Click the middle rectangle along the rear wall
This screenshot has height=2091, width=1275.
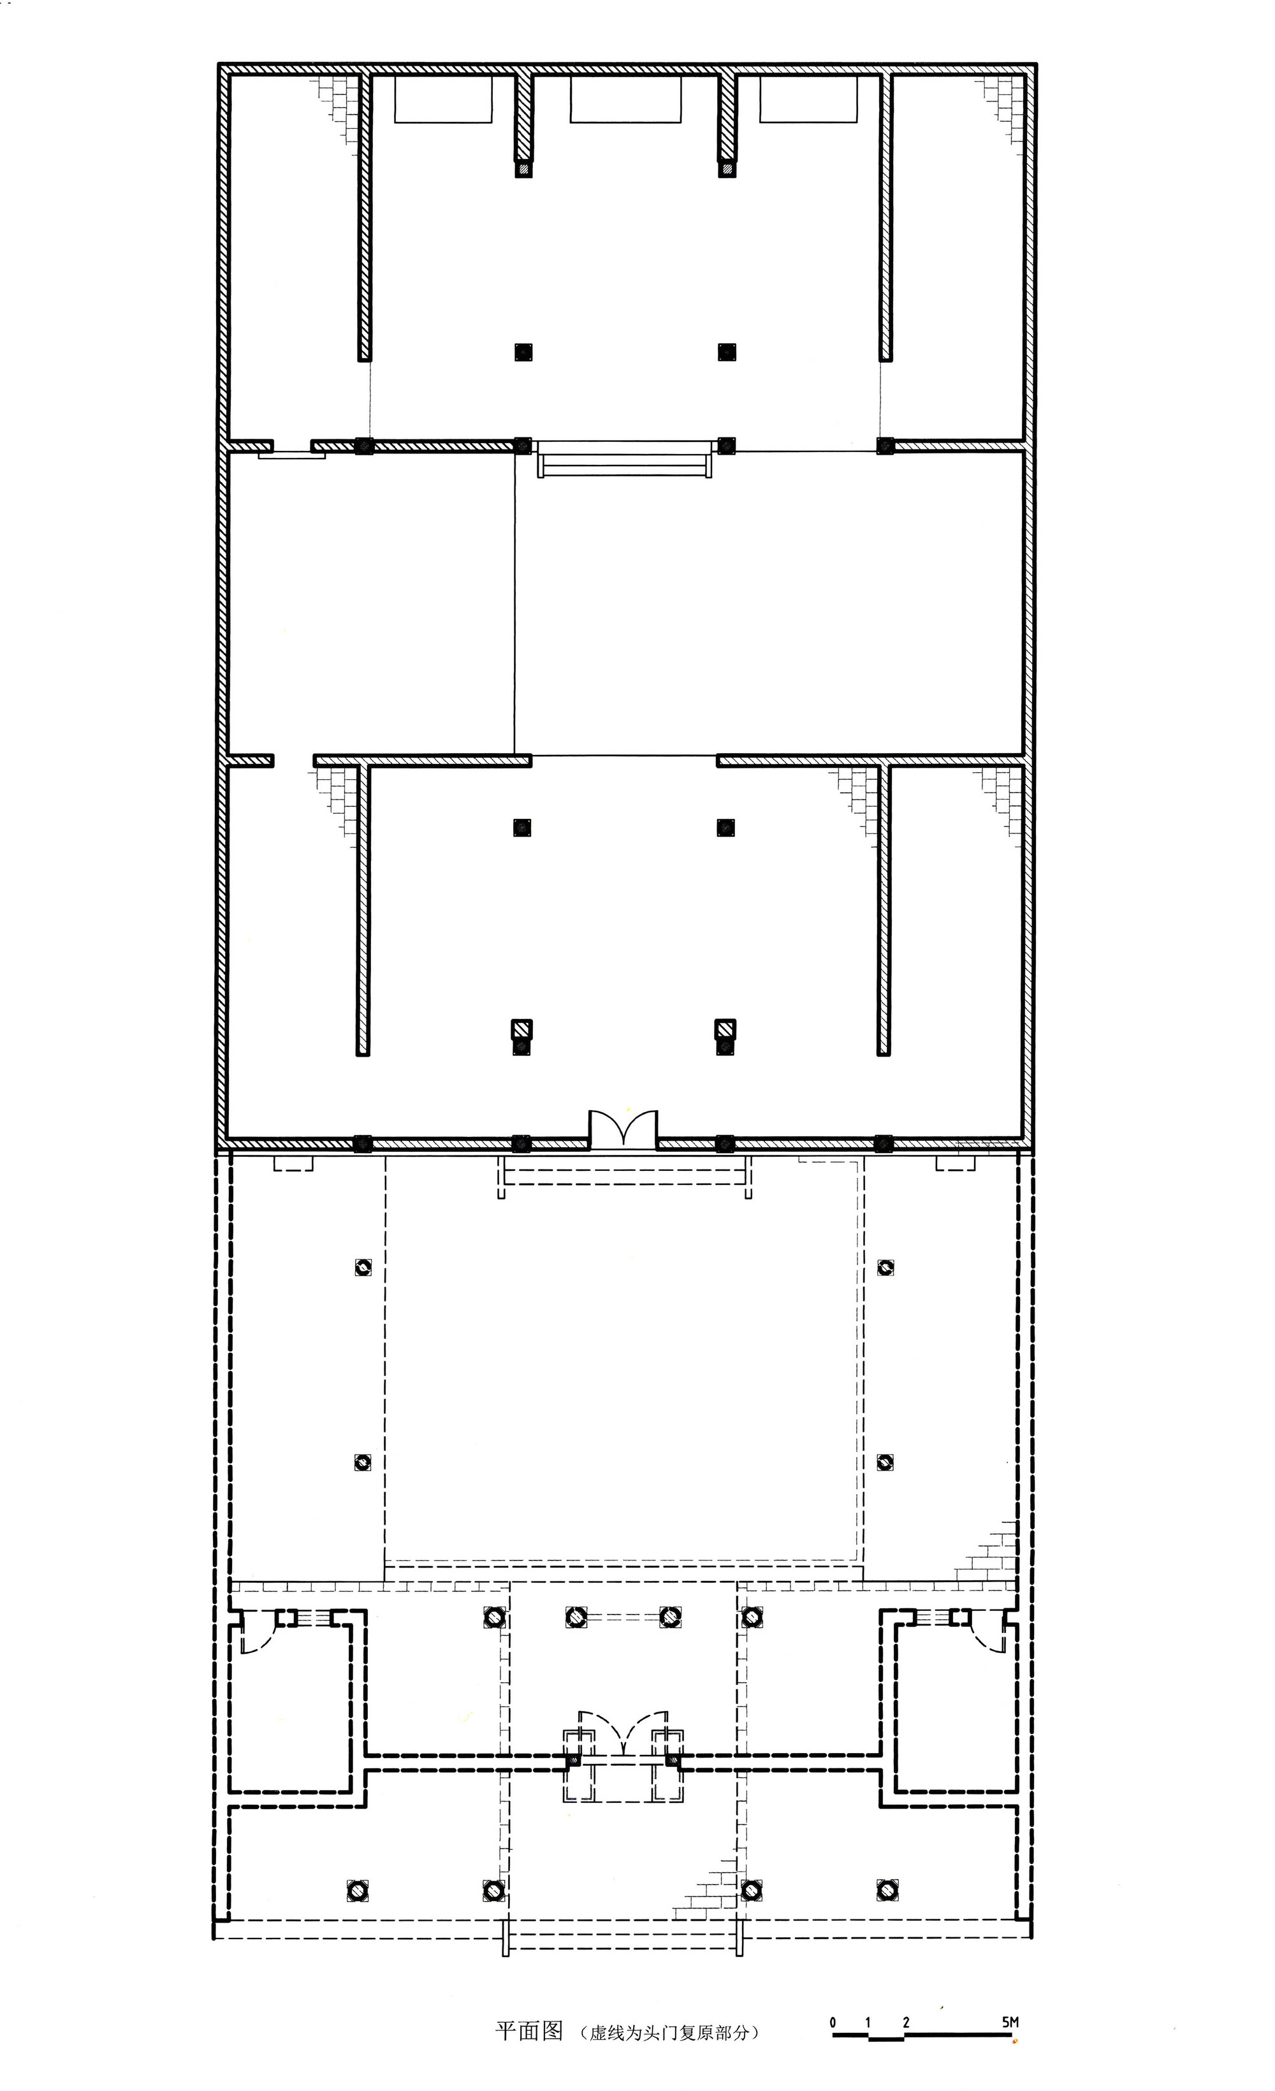[626, 99]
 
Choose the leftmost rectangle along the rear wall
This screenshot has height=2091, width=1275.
[443, 99]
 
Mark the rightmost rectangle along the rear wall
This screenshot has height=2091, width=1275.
[808, 99]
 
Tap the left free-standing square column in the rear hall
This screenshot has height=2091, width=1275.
[523, 351]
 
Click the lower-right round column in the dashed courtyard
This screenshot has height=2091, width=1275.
[885, 1462]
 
